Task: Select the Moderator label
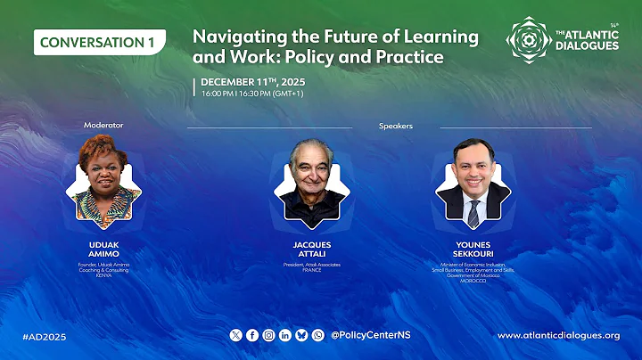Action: point(103,126)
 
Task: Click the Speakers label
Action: point(395,127)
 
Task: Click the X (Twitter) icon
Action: point(235,335)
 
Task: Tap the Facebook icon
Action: point(252,335)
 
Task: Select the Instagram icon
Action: point(268,335)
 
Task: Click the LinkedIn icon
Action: point(285,335)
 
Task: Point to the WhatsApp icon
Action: point(318,335)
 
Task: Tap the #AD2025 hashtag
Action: point(45,336)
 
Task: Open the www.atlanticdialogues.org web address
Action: point(558,335)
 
